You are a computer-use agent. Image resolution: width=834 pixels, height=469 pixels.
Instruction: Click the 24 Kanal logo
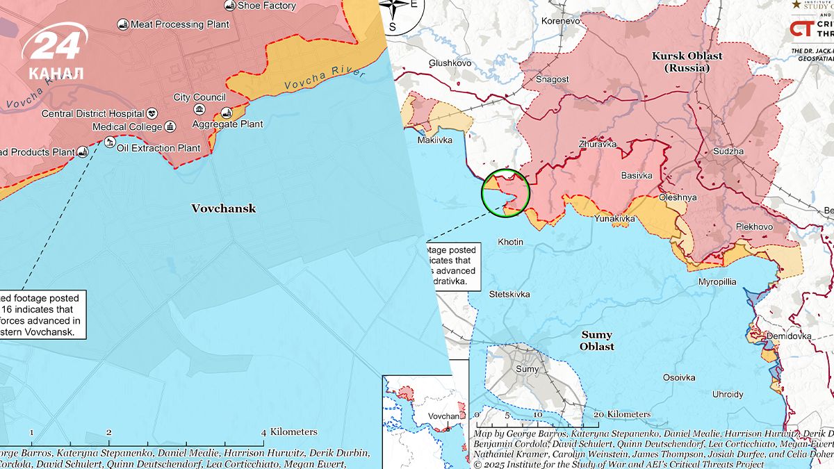(x=56, y=52)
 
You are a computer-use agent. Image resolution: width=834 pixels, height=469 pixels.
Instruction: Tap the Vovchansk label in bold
(x=223, y=208)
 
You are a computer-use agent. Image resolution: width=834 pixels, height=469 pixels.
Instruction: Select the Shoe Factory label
(x=267, y=6)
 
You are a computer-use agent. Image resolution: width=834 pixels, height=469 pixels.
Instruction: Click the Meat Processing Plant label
(x=180, y=24)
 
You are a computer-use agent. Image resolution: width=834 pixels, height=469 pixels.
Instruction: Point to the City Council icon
(x=199, y=110)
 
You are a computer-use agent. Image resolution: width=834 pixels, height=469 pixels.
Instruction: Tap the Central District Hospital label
(x=93, y=113)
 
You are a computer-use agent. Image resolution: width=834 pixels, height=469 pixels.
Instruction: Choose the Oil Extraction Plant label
(x=158, y=148)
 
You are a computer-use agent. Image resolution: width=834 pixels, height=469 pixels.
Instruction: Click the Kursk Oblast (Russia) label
(x=687, y=62)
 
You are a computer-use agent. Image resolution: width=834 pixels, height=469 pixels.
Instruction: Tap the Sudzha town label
(x=728, y=151)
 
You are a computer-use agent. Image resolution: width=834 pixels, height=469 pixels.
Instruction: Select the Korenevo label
(x=560, y=22)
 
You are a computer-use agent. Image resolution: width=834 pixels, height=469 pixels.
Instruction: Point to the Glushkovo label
(x=450, y=63)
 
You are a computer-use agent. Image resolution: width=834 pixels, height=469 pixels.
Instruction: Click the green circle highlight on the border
(x=505, y=193)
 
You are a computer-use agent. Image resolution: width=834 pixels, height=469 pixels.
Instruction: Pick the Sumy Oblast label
(x=597, y=340)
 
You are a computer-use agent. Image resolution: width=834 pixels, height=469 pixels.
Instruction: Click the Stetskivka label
(x=509, y=294)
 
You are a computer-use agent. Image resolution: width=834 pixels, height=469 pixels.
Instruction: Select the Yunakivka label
(x=614, y=219)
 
